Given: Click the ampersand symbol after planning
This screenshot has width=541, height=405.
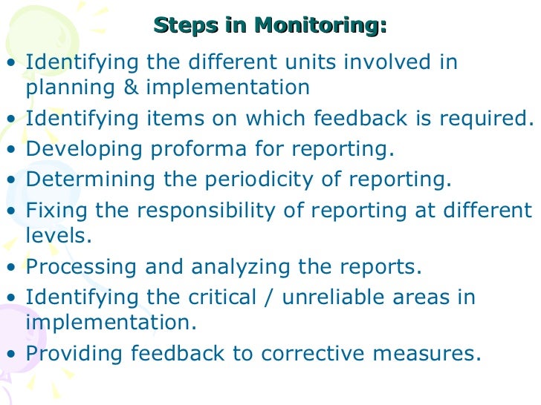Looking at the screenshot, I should pyautogui.click(x=132, y=88).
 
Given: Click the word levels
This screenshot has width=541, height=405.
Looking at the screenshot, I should pyautogui.click(x=57, y=236).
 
